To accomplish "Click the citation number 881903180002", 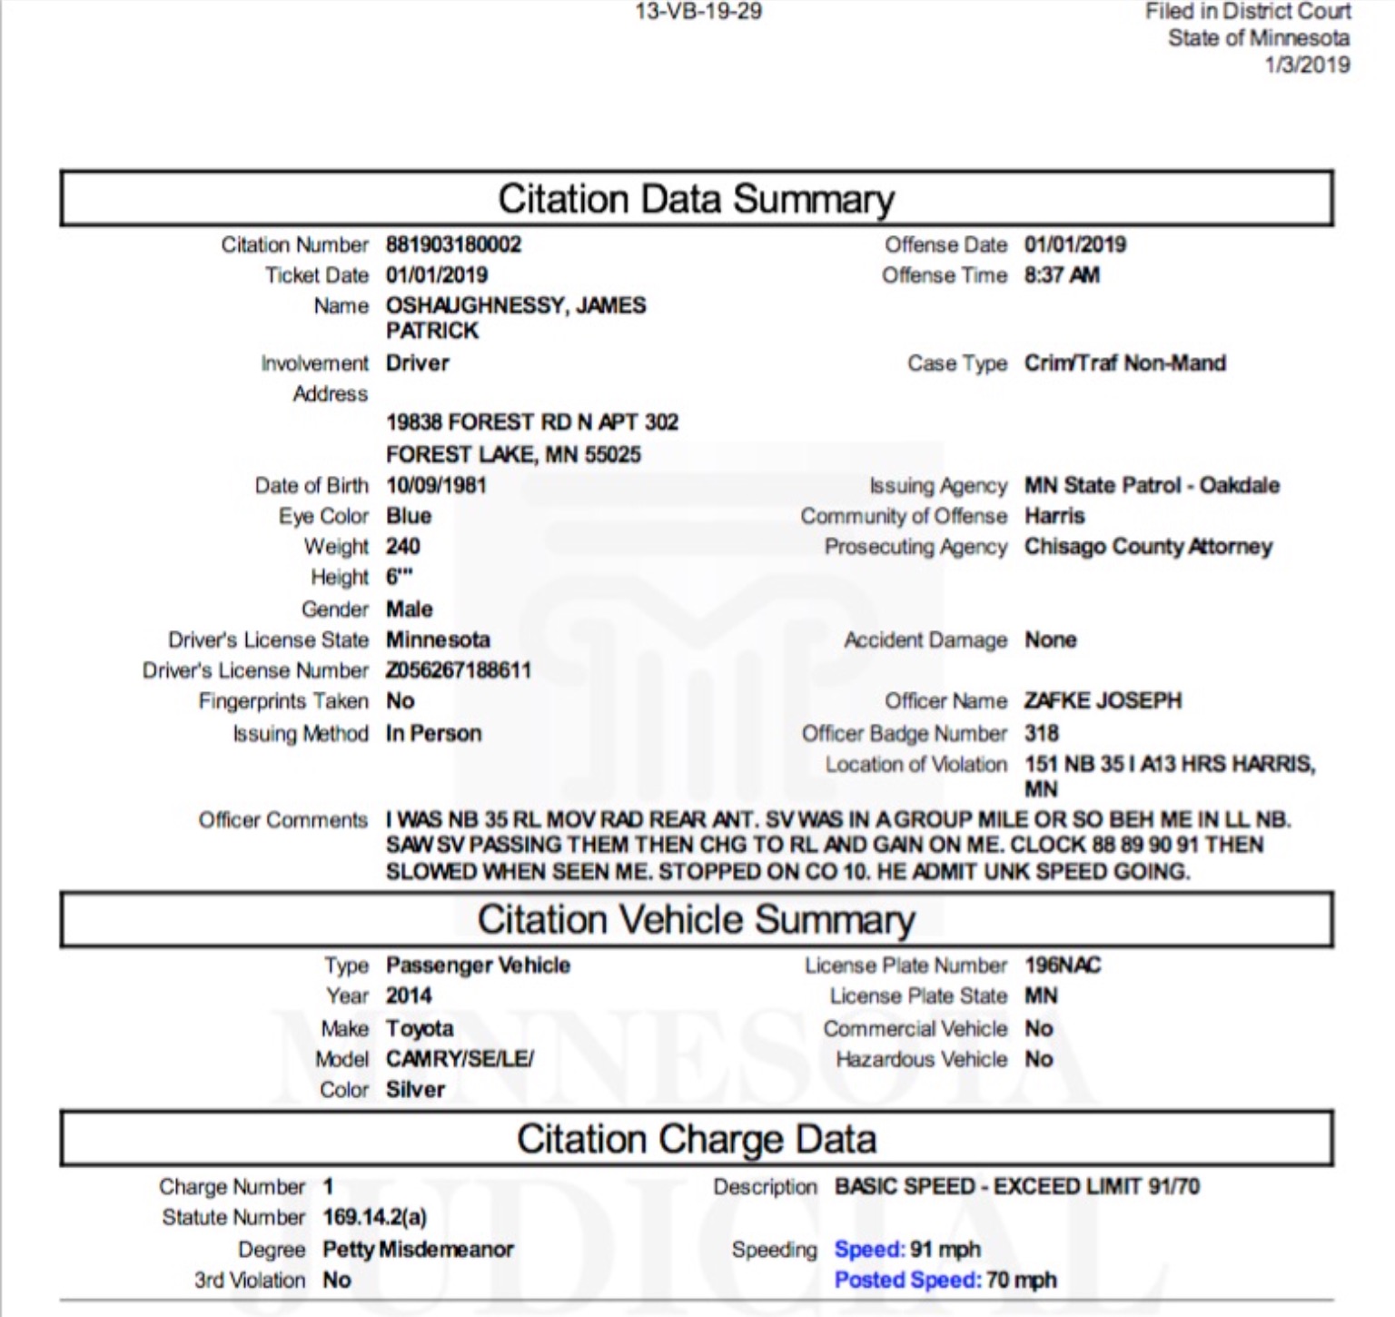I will (x=453, y=244).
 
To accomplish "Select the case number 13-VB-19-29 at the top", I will (x=697, y=12).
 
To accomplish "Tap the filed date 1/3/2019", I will (x=1307, y=65).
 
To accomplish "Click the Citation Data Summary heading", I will (x=696, y=199).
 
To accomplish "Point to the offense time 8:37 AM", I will (x=1062, y=275).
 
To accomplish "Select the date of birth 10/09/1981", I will (x=436, y=485).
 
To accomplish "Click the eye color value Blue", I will (x=409, y=516).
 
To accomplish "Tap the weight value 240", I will (x=402, y=546).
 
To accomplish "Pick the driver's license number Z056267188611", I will (x=459, y=670).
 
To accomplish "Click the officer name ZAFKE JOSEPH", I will (x=1103, y=700).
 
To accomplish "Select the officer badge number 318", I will (x=1042, y=733).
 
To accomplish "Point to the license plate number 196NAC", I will (x=1062, y=965).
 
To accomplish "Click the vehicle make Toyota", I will (x=420, y=1028).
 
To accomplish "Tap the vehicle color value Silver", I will (x=415, y=1089).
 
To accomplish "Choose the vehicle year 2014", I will (x=409, y=995).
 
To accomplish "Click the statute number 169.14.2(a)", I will (x=374, y=1217).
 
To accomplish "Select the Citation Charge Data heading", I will (x=696, y=1139).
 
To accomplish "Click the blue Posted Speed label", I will (x=907, y=1280).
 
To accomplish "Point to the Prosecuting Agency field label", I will (x=915, y=547).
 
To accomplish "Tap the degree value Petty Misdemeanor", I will (x=418, y=1249).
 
